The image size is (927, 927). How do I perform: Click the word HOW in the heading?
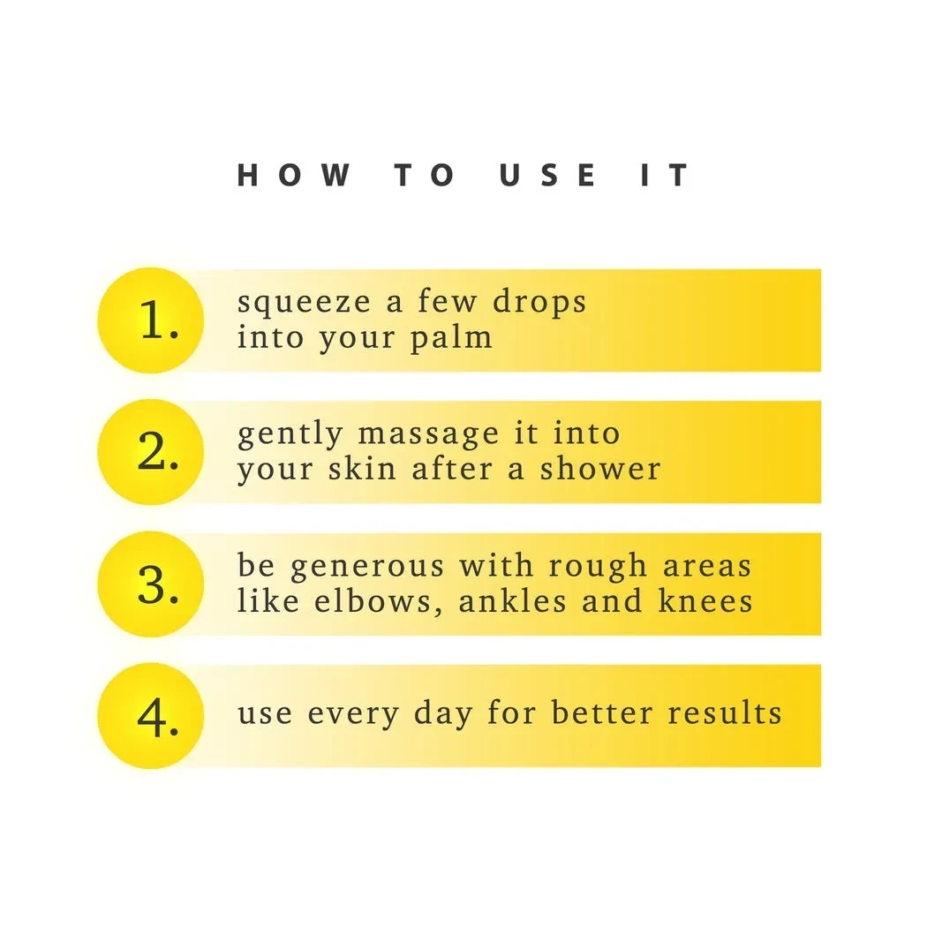(x=294, y=175)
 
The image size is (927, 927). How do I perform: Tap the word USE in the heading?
(x=547, y=175)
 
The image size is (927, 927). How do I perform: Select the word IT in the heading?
(x=665, y=175)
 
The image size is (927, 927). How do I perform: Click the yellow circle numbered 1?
(x=151, y=320)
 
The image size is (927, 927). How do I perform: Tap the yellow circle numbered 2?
(x=151, y=452)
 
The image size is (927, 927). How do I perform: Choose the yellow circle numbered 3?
(x=151, y=584)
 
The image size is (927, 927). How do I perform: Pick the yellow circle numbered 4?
(x=151, y=716)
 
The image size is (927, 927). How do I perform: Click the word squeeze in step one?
(x=304, y=303)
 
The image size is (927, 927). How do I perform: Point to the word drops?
(x=539, y=302)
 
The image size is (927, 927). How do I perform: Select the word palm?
(x=452, y=338)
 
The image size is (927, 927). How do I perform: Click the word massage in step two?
(x=428, y=435)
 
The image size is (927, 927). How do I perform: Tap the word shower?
(x=600, y=469)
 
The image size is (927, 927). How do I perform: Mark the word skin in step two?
(x=362, y=469)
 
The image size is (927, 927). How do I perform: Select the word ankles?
(x=513, y=601)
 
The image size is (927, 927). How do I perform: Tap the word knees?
(x=706, y=601)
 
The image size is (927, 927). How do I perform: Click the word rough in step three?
(x=597, y=567)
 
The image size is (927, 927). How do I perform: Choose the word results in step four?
(x=725, y=712)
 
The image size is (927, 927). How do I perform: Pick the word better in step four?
(x=602, y=712)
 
